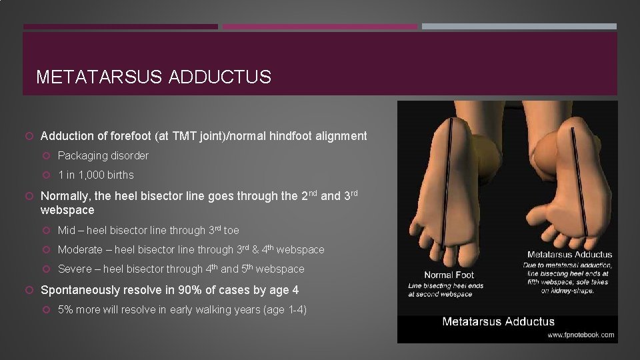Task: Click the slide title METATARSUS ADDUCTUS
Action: [153, 77]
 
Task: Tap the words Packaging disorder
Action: [103, 155]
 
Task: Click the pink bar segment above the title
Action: [319, 27]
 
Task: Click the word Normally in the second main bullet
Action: [67, 196]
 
